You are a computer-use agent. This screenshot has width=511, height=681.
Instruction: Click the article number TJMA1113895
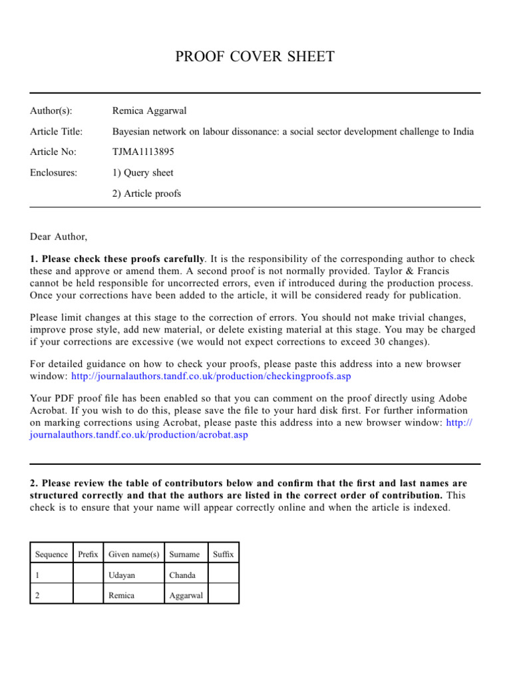[x=144, y=152]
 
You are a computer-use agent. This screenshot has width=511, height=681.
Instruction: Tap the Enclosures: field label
[x=54, y=173]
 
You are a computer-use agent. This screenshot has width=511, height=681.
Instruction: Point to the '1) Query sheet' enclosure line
[x=143, y=173]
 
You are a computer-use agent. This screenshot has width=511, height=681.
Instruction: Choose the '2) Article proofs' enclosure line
[x=147, y=194]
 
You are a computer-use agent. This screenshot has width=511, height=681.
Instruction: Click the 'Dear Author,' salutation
[x=59, y=236]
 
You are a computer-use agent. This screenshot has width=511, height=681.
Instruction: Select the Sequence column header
[x=51, y=554]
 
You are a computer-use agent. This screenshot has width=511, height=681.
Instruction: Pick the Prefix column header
[x=88, y=554]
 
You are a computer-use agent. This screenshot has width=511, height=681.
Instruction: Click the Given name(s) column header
[x=134, y=554]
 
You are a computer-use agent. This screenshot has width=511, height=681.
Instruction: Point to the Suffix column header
[x=223, y=554]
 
